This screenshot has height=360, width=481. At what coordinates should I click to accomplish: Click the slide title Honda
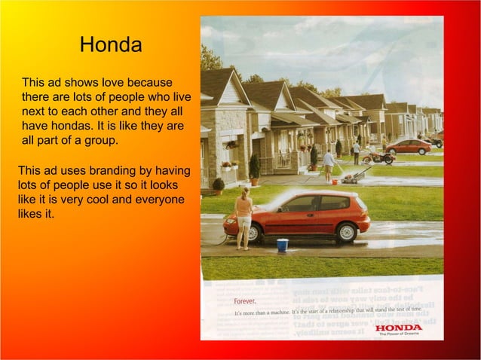pyautogui.click(x=110, y=45)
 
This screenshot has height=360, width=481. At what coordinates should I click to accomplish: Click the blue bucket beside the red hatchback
pyautogui.click(x=283, y=244)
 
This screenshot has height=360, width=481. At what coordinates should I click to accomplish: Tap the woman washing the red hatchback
pyautogui.click(x=244, y=218)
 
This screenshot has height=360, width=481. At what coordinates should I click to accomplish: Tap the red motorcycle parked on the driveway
pyautogui.click(x=378, y=157)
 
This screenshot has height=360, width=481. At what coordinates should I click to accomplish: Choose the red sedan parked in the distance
pyautogui.click(x=408, y=146)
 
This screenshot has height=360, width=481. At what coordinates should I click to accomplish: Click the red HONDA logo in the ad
pyautogui.click(x=399, y=327)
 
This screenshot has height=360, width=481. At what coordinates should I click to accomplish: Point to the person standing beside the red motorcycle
pyautogui.click(x=357, y=153)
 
